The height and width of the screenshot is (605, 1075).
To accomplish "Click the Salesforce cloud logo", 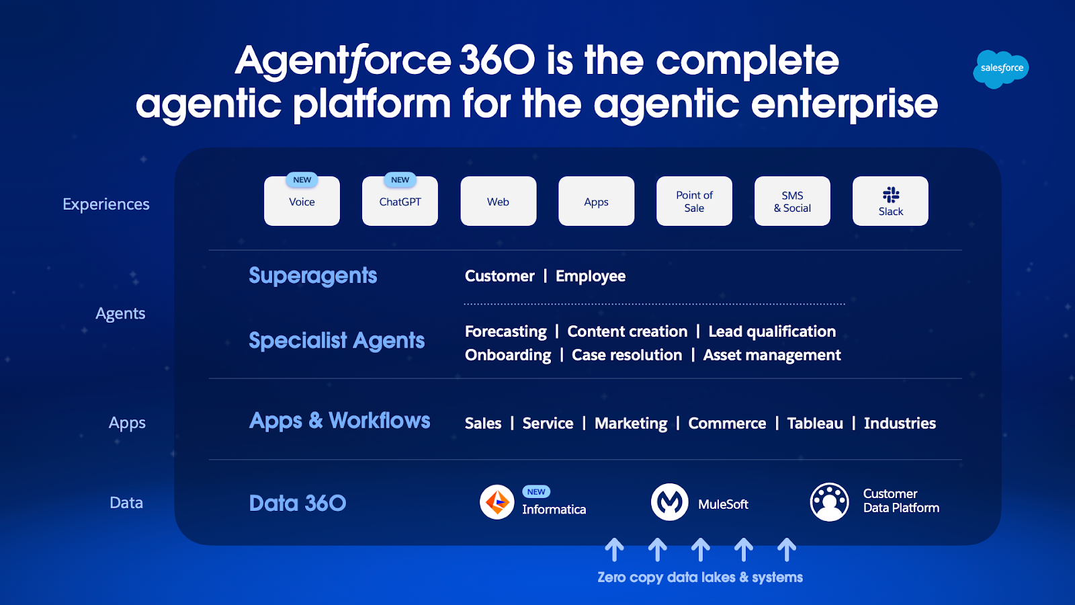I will click(1000, 68).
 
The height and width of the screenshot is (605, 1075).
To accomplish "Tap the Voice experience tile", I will click(302, 202).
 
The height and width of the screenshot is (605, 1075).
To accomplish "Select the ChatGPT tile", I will click(400, 202).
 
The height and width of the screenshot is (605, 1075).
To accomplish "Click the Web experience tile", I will click(498, 202).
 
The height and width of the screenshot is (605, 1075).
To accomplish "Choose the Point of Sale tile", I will click(694, 202).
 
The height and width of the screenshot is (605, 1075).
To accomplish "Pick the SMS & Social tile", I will click(792, 202).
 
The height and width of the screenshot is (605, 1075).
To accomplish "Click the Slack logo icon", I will click(891, 195).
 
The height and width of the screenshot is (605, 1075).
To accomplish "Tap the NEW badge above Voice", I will click(302, 179).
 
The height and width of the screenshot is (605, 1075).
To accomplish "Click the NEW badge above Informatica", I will click(536, 491).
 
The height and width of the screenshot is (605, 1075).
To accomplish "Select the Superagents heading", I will click(312, 276).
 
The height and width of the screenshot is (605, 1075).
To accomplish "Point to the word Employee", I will click(590, 276).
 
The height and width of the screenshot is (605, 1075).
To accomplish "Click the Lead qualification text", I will click(772, 331).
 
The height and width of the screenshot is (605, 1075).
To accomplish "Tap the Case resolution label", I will click(626, 355).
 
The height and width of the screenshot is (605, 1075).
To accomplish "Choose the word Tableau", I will click(814, 424).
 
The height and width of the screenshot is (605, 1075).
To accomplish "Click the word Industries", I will click(900, 424).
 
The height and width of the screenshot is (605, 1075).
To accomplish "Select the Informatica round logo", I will click(497, 502).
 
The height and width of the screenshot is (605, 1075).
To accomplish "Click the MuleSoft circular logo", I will click(669, 502).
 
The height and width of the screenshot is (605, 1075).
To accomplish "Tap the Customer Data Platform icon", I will click(829, 502).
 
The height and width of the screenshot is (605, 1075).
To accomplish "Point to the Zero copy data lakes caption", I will click(700, 577).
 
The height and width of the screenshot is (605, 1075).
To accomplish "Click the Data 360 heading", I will click(297, 503).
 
